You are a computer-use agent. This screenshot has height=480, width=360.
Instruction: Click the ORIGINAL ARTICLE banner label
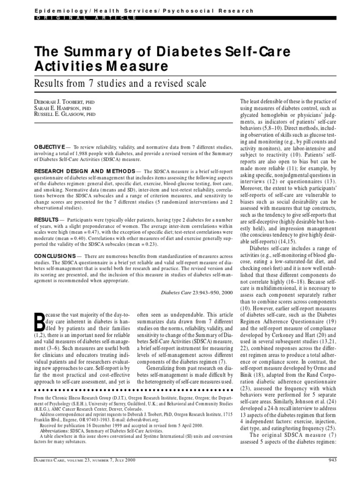click(x=87, y=17)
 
